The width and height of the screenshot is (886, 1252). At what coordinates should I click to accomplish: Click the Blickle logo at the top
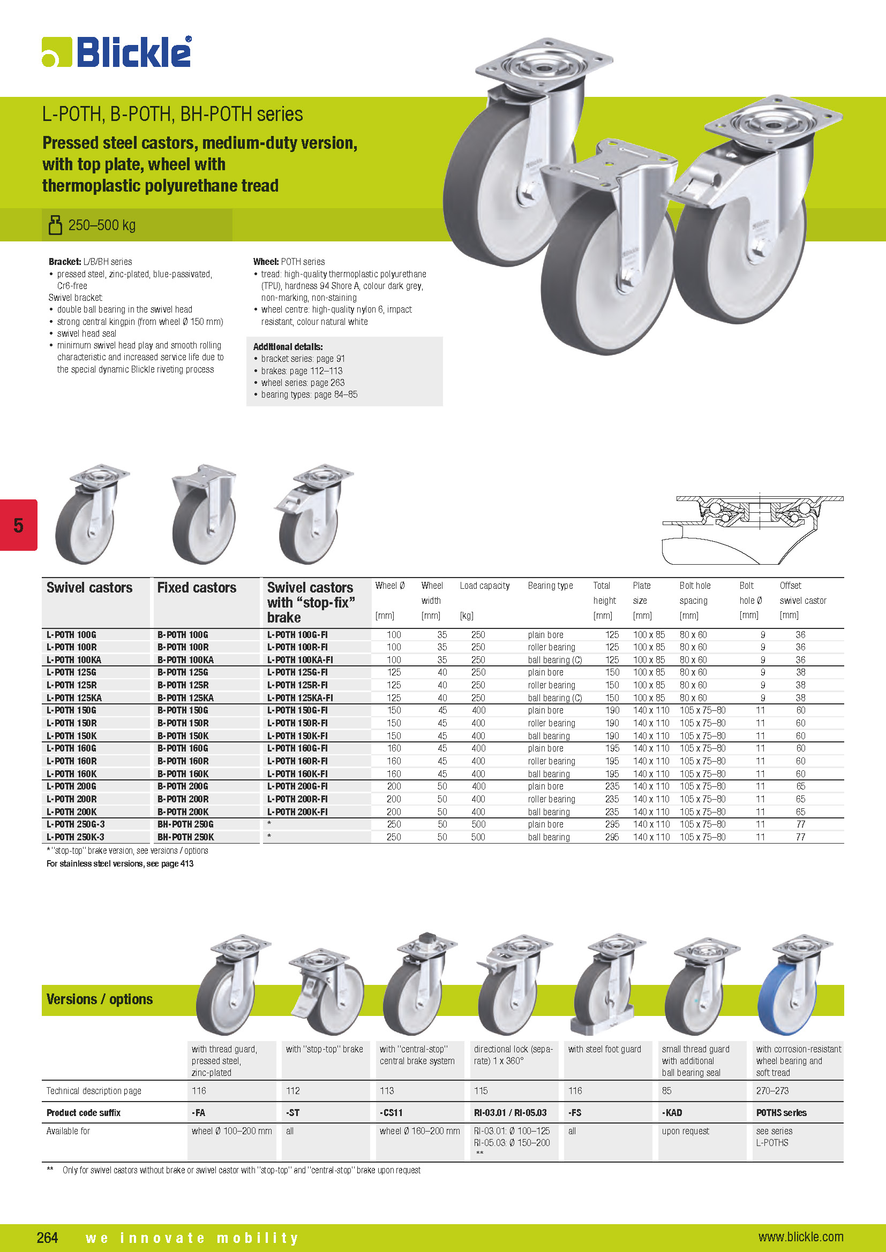pyautogui.click(x=117, y=52)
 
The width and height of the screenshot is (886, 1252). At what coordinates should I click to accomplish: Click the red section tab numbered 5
pyautogui.click(x=19, y=525)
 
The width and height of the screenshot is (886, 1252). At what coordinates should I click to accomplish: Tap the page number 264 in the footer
pyautogui.click(x=48, y=1237)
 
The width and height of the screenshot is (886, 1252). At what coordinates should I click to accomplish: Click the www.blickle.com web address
pyautogui.click(x=800, y=1236)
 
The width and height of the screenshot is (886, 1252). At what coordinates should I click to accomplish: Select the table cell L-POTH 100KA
pyautogui.click(x=74, y=660)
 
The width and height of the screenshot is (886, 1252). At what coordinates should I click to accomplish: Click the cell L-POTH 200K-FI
pyautogui.click(x=297, y=812)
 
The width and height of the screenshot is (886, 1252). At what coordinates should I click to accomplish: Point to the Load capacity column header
pyautogui.click(x=484, y=586)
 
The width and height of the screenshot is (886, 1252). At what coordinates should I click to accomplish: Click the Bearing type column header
pyautogui.click(x=550, y=586)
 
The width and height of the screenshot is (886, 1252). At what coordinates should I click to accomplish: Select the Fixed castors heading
pyautogui.click(x=197, y=588)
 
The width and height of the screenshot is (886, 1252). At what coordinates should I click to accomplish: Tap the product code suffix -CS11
pyautogui.click(x=391, y=1112)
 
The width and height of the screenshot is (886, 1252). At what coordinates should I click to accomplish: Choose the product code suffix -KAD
pyautogui.click(x=672, y=1112)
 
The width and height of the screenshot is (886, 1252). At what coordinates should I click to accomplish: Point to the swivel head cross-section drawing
pyautogui.click(x=752, y=528)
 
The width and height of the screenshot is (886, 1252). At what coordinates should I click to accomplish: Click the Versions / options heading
pyautogui.click(x=99, y=999)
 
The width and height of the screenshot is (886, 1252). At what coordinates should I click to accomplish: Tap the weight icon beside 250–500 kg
pyautogui.click(x=55, y=225)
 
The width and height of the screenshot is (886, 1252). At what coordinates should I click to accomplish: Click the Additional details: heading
pyautogui.click(x=288, y=347)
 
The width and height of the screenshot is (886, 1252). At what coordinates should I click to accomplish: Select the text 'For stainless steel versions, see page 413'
pyautogui.click(x=120, y=864)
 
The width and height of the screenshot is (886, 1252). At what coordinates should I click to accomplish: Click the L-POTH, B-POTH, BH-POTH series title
pyautogui.click(x=172, y=114)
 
